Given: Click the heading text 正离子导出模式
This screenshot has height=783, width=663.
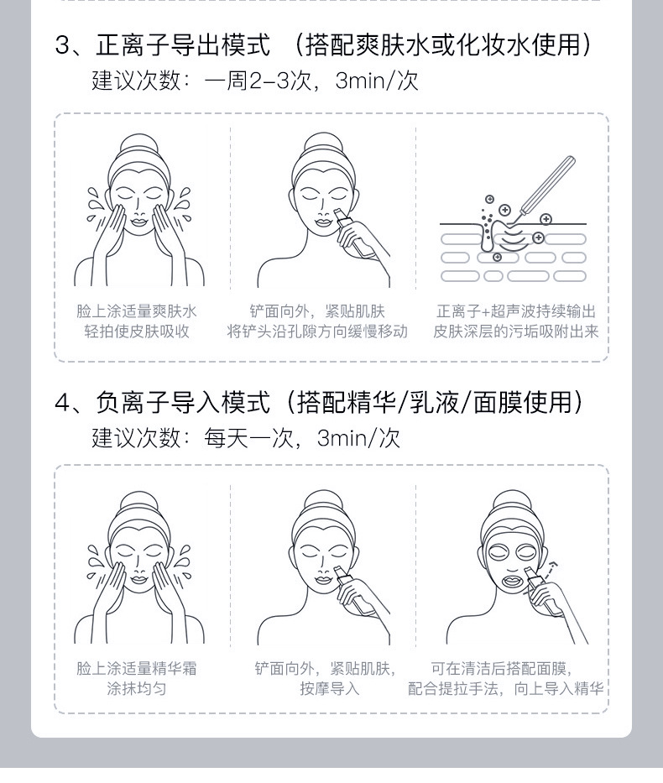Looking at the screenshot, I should (183, 44).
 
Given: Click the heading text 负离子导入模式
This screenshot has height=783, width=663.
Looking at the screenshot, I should (183, 403).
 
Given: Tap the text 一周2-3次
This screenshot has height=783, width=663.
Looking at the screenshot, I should (262, 81).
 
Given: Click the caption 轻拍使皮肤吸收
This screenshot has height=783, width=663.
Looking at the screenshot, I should (137, 331).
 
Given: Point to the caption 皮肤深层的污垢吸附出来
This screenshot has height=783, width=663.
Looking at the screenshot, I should (516, 331).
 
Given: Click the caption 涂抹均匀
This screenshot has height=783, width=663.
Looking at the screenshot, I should (137, 689).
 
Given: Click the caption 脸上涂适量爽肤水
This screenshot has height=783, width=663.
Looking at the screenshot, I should (137, 311).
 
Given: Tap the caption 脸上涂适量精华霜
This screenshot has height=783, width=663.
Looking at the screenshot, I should (137, 669).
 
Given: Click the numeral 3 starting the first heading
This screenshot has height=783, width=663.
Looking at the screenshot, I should (62, 45).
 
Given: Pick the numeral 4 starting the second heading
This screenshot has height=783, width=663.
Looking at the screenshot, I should (62, 404).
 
